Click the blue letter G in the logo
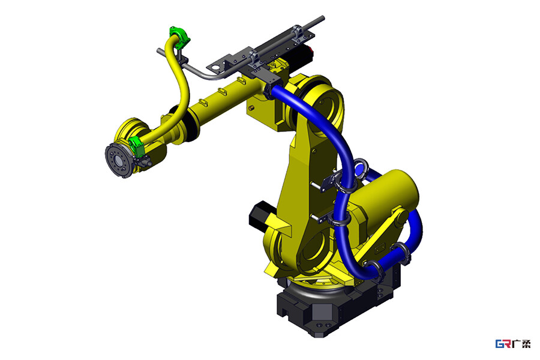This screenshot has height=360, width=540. pos(499,344)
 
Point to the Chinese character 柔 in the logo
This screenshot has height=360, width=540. pos(526,344)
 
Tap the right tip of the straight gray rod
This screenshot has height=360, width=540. pos(322,17)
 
